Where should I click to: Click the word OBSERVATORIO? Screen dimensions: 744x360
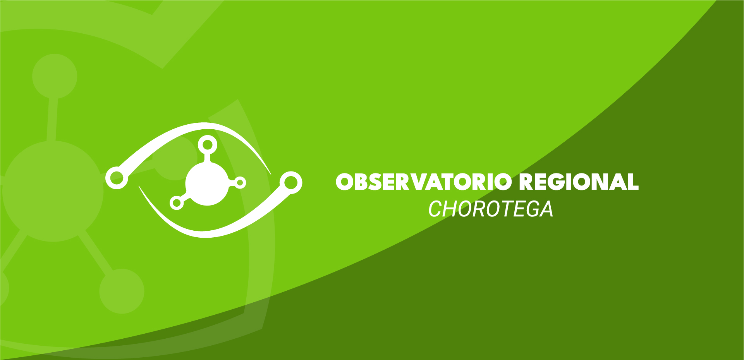point(424,182)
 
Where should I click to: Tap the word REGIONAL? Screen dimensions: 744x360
point(579,182)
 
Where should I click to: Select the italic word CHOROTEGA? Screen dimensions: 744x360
point(490,209)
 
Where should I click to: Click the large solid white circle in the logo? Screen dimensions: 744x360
point(207,183)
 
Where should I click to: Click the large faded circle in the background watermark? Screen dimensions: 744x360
point(53,191)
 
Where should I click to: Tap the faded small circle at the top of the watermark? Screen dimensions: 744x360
point(55,76)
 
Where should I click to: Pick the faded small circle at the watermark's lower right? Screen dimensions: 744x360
point(122,291)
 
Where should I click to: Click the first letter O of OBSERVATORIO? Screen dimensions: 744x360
point(345,182)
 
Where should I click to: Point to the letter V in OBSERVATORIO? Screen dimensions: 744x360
point(421,182)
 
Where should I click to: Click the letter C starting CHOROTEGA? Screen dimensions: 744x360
point(436,209)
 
